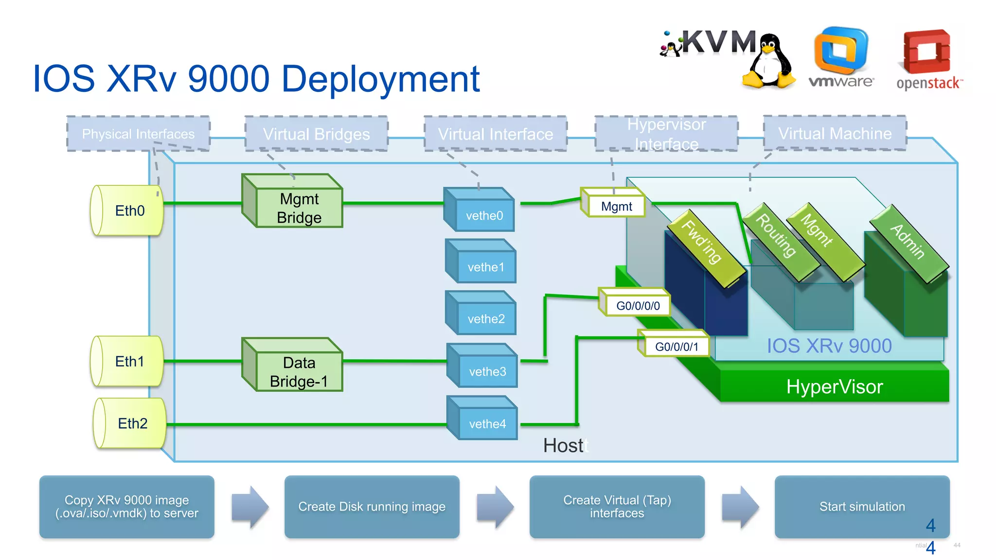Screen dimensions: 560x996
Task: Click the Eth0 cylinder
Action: [x=127, y=210]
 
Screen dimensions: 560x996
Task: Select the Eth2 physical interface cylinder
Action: [x=130, y=423]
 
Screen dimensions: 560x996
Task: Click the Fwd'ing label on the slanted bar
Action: [x=702, y=242]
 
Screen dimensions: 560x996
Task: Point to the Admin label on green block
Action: [x=907, y=242]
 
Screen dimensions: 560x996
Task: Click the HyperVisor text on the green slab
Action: [x=834, y=387]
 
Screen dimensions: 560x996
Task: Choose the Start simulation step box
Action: [x=861, y=507]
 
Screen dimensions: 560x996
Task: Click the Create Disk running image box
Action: [x=372, y=507]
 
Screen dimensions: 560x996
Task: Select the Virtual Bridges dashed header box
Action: [x=316, y=134]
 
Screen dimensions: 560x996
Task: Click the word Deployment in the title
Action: [x=380, y=79]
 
